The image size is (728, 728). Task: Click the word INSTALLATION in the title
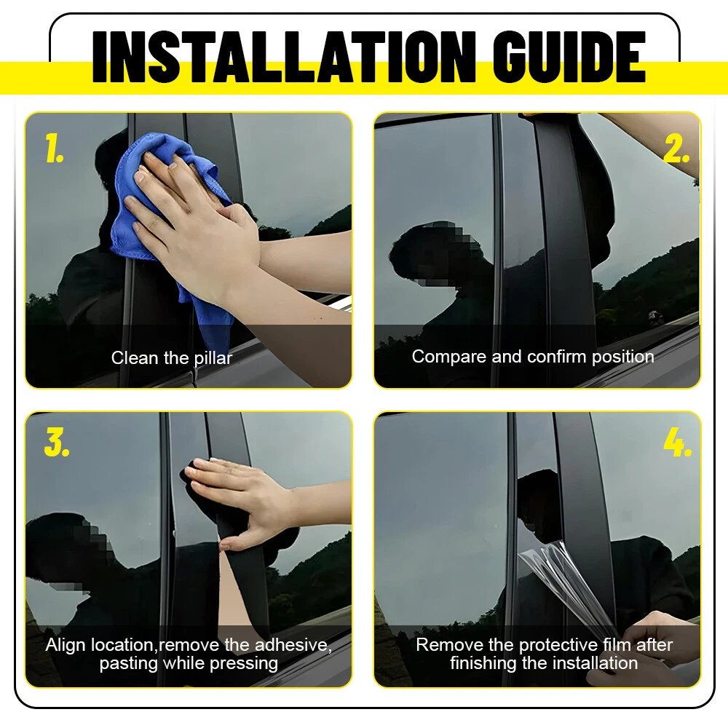coord(284,57)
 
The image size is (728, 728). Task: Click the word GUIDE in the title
coord(569,57)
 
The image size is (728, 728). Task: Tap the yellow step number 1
coord(54,148)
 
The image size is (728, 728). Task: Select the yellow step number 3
coord(57,442)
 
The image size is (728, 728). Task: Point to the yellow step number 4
coord(678,442)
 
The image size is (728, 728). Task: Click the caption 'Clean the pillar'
coord(172,358)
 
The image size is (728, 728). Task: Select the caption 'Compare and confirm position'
coord(533,357)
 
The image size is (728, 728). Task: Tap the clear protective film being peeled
coord(570,585)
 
